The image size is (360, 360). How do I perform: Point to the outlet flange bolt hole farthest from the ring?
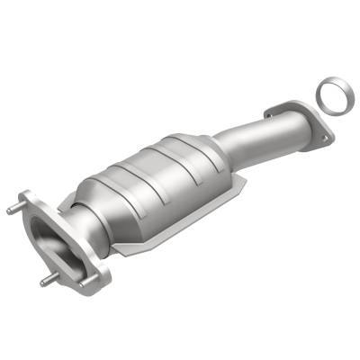pos(270,112)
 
